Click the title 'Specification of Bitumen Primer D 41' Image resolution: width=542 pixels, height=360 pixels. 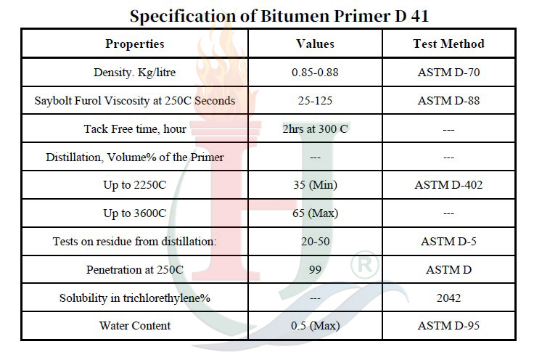(279, 16)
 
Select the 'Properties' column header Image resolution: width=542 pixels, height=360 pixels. (135, 44)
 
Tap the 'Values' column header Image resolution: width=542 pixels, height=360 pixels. (315, 44)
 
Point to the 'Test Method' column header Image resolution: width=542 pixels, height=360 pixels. (448, 44)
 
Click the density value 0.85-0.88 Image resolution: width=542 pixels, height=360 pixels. (315, 73)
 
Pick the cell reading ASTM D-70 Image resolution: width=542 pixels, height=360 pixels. (448, 73)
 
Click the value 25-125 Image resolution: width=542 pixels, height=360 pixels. (315, 101)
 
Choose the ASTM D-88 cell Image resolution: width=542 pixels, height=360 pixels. (448, 101)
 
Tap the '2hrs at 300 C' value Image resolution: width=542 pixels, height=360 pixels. (315, 129)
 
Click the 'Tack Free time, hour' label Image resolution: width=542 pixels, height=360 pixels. (135, 129)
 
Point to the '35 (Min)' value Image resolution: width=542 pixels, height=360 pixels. (315, 185)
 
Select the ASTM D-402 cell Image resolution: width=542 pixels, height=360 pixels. (448, 185)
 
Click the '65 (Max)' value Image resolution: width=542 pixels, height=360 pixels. (315, 213)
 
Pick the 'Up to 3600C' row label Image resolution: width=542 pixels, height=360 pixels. (135, 213)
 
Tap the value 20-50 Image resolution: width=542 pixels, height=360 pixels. (315, 242)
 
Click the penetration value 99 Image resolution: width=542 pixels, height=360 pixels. (315, 270)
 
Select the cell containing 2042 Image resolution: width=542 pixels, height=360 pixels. (448, 298)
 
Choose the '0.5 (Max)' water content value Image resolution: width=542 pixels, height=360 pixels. (315, 326)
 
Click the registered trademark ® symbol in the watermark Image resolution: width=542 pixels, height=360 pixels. (365, 265)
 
